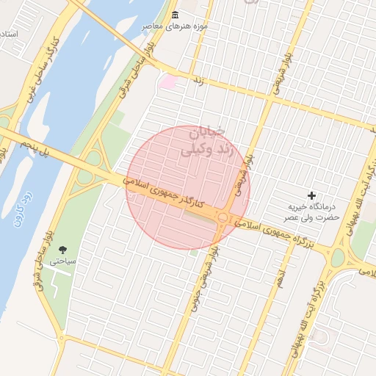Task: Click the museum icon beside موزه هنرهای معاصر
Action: tap(174, 15)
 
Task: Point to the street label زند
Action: tap(197, 79)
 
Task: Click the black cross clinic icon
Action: tap(312, 195)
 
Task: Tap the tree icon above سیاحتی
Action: tap(62, 250)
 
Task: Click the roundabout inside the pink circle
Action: tap(223, 217)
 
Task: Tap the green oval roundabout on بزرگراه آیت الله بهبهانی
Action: tap(337, 258)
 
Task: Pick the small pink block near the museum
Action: tap(168, 82)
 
